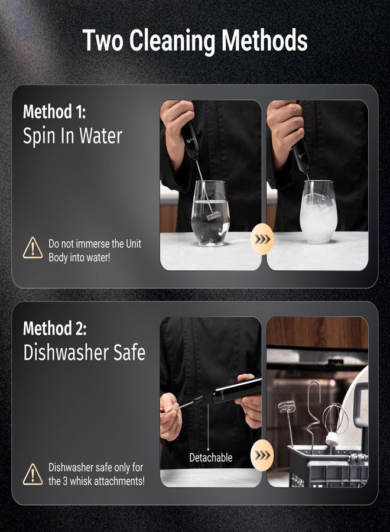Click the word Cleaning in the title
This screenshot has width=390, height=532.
coord(173,41)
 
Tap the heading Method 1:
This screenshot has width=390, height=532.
coord(54,112)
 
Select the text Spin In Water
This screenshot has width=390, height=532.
coord(72,136)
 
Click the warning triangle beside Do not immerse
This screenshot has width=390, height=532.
coord(32,248)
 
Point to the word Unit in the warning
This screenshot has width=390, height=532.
coord(134,244)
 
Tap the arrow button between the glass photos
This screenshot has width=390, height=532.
coord(262,239)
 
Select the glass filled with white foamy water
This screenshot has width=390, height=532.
coord(318,212)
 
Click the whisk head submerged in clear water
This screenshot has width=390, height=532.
coord(213,215)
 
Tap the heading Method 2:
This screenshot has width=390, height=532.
coord(54,329)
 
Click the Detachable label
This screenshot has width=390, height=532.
coord(210,458)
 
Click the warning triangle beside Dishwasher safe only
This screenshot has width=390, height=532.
coord(32,474)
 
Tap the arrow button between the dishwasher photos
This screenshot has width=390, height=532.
coord(262,455)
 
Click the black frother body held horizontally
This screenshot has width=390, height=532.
coord(236,391)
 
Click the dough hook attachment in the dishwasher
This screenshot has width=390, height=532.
coord(314,414)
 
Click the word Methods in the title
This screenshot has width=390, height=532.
coord(265,41)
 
